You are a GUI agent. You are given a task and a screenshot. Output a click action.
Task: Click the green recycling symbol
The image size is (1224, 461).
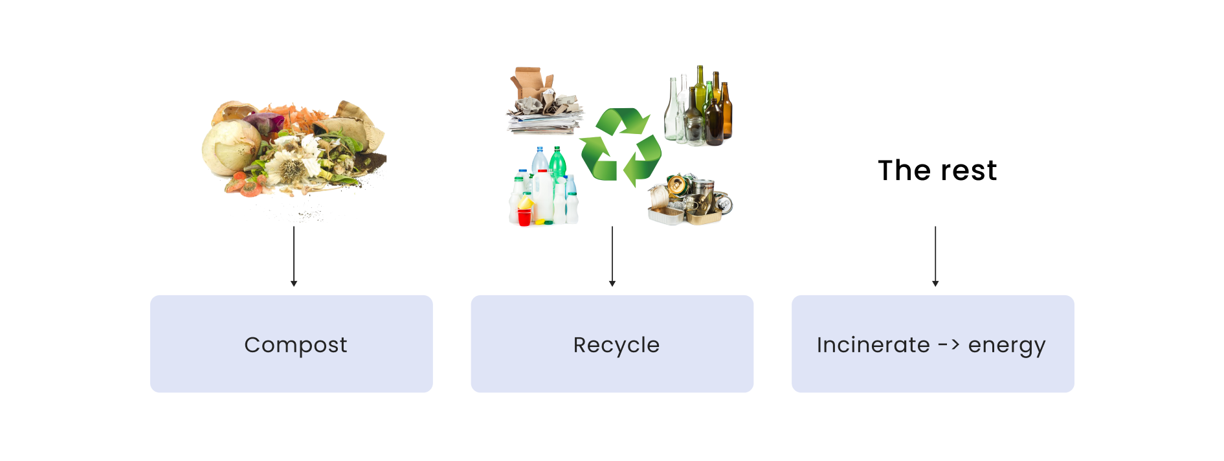(620, 147)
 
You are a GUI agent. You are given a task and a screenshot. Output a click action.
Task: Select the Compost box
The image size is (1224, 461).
(291, 344)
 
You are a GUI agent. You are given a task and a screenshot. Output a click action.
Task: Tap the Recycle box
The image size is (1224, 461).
(612, 344)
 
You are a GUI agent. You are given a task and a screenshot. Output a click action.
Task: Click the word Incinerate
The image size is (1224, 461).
(873, 345)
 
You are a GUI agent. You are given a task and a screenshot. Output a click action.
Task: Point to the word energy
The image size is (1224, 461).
(1007, 346)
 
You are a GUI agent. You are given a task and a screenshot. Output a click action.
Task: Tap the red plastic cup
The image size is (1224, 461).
(524, 216)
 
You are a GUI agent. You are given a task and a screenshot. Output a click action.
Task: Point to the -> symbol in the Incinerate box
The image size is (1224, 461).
(949, 345)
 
